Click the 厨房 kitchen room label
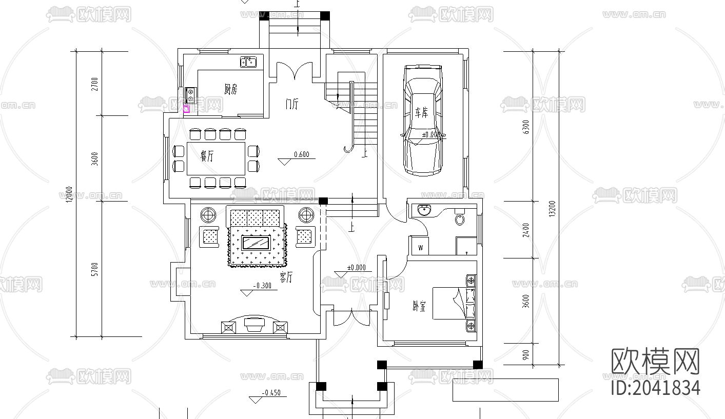(231, 89)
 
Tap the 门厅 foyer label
(291, 104)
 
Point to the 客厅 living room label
(286, 277)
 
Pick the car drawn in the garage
(422, 120)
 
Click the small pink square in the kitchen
(186, 108)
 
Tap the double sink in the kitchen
(248, 62)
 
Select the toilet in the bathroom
(460, 219)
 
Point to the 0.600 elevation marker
(301, 154)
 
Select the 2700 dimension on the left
(94, 84)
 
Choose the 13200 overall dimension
(552, 208)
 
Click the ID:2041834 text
(656, 387)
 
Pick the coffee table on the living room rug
(257, 243)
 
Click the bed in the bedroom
(454, 303)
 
